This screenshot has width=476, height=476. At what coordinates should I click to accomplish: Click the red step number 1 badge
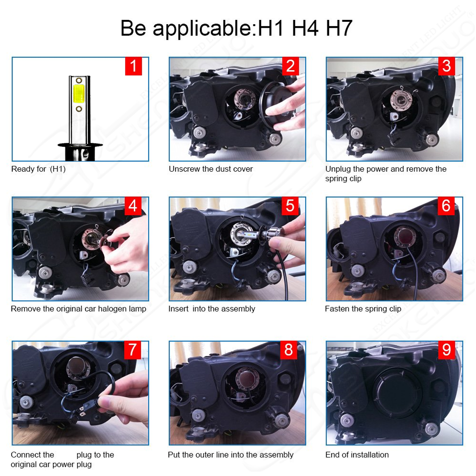point(133,66)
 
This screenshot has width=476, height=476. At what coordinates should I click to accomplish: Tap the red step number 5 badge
point(290,206)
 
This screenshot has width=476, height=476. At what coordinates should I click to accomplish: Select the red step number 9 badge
point(447,350)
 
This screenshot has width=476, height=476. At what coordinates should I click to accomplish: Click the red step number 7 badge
point(132,350)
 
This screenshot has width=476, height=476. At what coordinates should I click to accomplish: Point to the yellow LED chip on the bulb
point(79,95)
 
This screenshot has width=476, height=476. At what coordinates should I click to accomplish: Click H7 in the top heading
point(339,29)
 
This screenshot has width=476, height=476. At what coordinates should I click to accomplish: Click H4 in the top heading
point(305,29)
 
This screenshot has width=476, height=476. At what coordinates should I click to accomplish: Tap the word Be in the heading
point(133,29)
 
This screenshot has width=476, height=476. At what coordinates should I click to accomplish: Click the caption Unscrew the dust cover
point(211,169)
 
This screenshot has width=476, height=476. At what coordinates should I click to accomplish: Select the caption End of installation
point(357,455)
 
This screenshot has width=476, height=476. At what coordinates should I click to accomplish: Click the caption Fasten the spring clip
point(363,309)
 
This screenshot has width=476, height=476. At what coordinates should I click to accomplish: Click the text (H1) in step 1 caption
point(58,169)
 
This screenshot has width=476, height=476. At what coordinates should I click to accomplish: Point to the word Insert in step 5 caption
point(178,309)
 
